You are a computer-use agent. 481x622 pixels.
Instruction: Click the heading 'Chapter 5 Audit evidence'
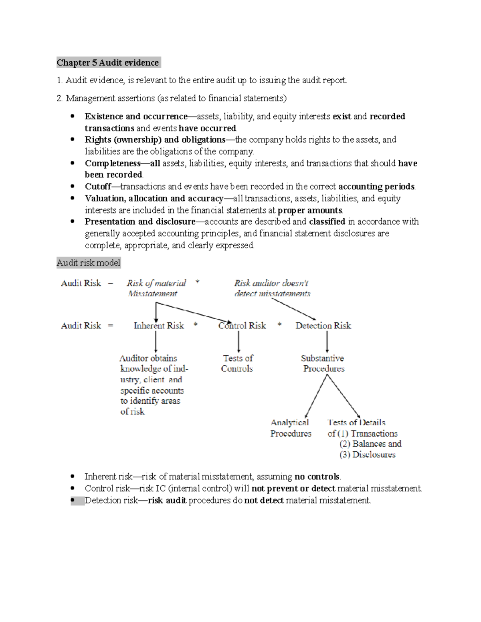[x=108, y=62]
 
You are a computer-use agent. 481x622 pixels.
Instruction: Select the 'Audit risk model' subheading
[x=88, y=263]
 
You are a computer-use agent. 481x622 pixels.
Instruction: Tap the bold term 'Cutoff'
[x=98, y=187]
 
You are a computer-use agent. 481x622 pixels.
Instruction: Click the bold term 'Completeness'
[x=112, y=163]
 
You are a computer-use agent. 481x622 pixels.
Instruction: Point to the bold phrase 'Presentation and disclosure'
[x=140, y=221]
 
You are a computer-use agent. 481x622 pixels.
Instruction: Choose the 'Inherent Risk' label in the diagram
[x=159, y=326]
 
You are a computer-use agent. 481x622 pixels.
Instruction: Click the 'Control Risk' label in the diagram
[x=242, y=326]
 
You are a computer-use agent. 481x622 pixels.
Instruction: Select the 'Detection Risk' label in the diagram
[x=323, y=326]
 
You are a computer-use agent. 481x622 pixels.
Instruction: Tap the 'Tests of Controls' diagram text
[x=237, y=363]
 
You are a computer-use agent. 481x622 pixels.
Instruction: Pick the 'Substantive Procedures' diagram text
[x=323, y=363]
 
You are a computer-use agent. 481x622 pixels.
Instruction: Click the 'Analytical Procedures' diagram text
[x=290, y=428]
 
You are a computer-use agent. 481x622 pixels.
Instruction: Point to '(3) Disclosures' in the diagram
[x=367, y=455]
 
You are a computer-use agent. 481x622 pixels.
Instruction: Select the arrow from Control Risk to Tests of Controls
[x=238, y=342]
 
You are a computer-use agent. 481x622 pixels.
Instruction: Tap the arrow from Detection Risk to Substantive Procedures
[x=327, y=342]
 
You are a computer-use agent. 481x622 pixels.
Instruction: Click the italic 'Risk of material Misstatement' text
[x=156, y=288]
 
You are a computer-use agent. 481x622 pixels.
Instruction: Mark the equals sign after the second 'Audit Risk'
[x=110, y=326]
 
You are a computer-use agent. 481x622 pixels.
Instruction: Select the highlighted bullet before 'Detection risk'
[x=73, y=500]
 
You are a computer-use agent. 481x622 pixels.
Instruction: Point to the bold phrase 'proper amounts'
[x=310, y=210]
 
